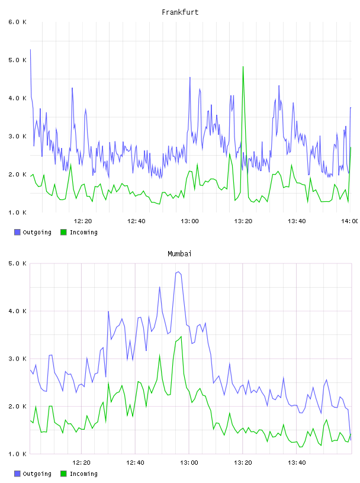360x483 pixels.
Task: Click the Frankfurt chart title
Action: coord(180,12)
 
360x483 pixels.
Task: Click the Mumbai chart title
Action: coord(179,253)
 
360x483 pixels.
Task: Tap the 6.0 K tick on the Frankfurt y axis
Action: coord(17,22)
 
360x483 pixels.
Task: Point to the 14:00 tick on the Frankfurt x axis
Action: coord(350,221)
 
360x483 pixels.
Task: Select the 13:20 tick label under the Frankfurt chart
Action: coord(243,221)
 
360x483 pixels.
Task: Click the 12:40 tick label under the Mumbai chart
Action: coord(135,462)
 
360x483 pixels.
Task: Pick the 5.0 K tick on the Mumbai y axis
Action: coord(17,263)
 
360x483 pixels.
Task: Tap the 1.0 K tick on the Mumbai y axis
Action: coord(17,454)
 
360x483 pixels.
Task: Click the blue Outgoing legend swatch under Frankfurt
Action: coord(17,232)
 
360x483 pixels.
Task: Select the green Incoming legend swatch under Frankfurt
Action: coord(63,232)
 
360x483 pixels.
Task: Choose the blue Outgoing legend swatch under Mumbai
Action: coord(17,474)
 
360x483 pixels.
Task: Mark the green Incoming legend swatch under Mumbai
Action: coord(63,474)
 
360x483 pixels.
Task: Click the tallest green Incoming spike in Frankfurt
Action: coord(243,66)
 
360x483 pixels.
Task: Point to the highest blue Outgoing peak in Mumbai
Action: coord(178,272)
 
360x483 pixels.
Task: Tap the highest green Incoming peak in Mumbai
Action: coord(181,336)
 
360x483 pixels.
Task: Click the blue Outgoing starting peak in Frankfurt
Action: coord(30,49)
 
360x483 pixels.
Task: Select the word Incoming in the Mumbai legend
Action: coord(83,474)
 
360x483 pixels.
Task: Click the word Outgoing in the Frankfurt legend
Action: coord(37,232)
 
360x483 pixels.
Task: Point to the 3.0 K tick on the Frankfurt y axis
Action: coord(17,136)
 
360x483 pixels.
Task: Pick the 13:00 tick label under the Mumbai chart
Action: coord(189,462)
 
